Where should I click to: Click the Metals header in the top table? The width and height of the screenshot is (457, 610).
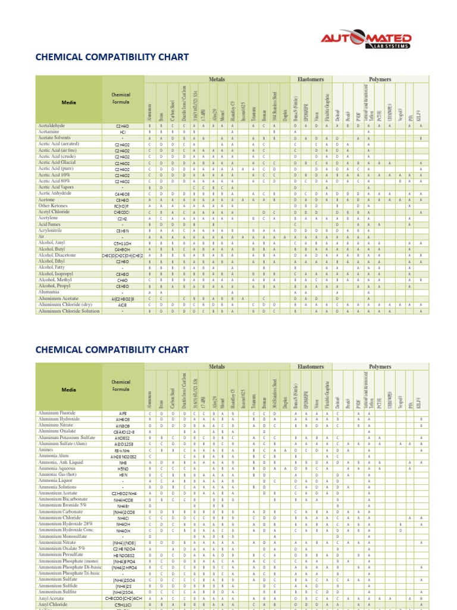click(217, 79)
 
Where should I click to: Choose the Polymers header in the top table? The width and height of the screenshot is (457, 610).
click(380, 79)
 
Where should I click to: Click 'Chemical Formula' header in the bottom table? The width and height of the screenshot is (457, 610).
click(121, 386)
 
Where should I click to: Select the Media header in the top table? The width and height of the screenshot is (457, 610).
click(69, 102)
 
